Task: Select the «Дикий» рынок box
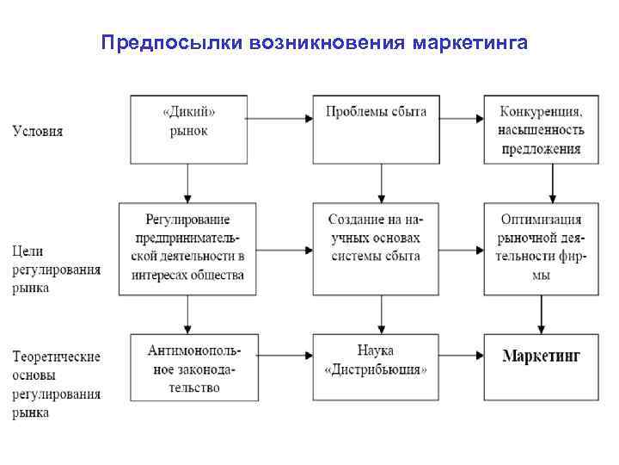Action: tap(188, 129)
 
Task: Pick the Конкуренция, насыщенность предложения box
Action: tap(539, 130)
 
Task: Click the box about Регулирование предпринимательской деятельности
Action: tap(188, 249)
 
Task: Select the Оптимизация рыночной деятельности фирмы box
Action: tap(539, 249)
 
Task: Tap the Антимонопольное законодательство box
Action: tap(188, 368)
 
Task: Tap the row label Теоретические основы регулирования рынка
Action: tap(56, 384)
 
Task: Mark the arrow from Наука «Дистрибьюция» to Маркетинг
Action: tap(464, 355)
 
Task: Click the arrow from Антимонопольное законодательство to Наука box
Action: tap(279, 355)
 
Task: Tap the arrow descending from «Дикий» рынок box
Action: tap(187, 183)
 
